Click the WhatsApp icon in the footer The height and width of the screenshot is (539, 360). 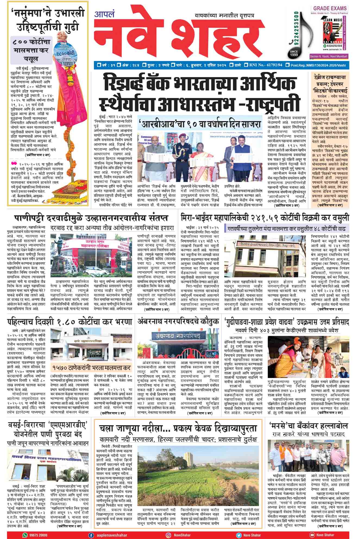pyautogui.click(x=25, y=535)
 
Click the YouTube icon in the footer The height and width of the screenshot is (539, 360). pyautogui.click(x=311, y=535)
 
